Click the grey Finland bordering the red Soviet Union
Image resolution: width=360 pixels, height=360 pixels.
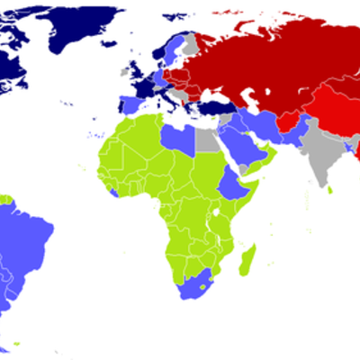tap(190, 45)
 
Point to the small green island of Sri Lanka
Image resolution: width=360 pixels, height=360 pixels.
tap(330, 190)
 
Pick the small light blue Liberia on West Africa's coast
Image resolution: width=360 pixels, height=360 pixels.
tap(112, 192)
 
